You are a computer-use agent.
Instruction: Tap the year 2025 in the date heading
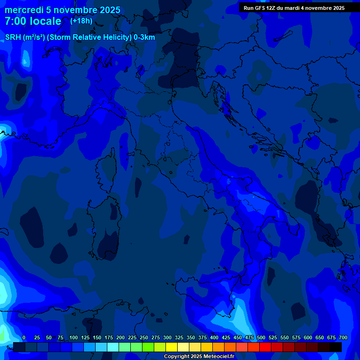click(x=107, y=10)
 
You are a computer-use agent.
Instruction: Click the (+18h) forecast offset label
click(x=81, y=21)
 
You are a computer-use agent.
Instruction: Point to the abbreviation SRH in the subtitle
click(x=13, y=37)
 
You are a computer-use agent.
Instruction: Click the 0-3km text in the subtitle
click(x=144, y=37)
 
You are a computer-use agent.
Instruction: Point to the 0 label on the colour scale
click(x=24, y=338)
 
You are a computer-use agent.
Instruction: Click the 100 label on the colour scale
click(x=74, y=338)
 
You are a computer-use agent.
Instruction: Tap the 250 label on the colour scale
click(x=144, y=338)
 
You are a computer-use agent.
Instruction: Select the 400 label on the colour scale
click(x=214, y=338)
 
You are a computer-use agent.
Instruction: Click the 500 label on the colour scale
click(x=261, y=338)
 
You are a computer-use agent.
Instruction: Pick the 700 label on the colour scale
click(x=343, y=338)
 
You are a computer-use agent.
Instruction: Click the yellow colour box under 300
click(x=172, y=347)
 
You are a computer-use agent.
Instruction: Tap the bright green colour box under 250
click(x=148, y=347)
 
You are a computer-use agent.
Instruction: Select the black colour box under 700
click(x=336, y=347)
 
